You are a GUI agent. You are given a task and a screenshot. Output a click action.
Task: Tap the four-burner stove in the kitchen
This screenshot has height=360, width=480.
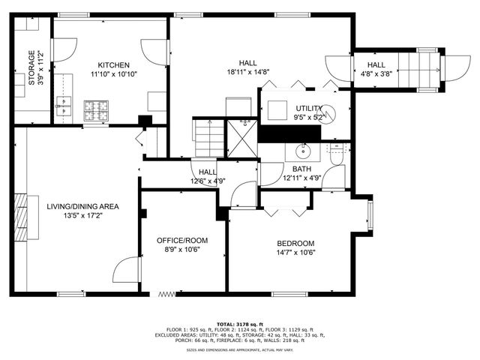(x=95, y=110)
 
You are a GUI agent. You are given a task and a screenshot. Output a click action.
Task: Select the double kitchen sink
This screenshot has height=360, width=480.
(x=63, y=110)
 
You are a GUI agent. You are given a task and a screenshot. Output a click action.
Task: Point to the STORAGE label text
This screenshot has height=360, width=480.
(x=31, y=68)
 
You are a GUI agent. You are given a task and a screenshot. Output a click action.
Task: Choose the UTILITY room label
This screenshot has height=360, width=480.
(x=308, y=109)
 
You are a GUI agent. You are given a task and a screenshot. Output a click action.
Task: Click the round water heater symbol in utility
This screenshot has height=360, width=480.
(x=327, y=114)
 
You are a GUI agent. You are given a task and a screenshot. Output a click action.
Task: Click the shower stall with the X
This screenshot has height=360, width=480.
(x=242, y=139)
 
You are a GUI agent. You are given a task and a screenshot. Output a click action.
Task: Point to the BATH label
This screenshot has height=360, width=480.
(x=302, y=169)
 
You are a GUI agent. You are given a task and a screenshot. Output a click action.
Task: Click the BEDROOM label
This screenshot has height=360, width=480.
(x=295, y=243)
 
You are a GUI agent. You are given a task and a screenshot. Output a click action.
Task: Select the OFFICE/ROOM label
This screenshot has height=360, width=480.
(x=182, y=240)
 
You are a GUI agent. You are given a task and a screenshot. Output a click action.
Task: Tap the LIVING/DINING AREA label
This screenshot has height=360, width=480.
(x=82, y=205)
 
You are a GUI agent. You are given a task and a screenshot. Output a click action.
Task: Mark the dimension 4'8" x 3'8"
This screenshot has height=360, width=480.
(x=376, y=73)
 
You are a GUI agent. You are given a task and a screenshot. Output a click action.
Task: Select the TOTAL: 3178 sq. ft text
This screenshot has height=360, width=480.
(x=239, y=324)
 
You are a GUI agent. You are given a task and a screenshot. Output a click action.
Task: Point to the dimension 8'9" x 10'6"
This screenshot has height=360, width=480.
(x=182, y=250)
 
